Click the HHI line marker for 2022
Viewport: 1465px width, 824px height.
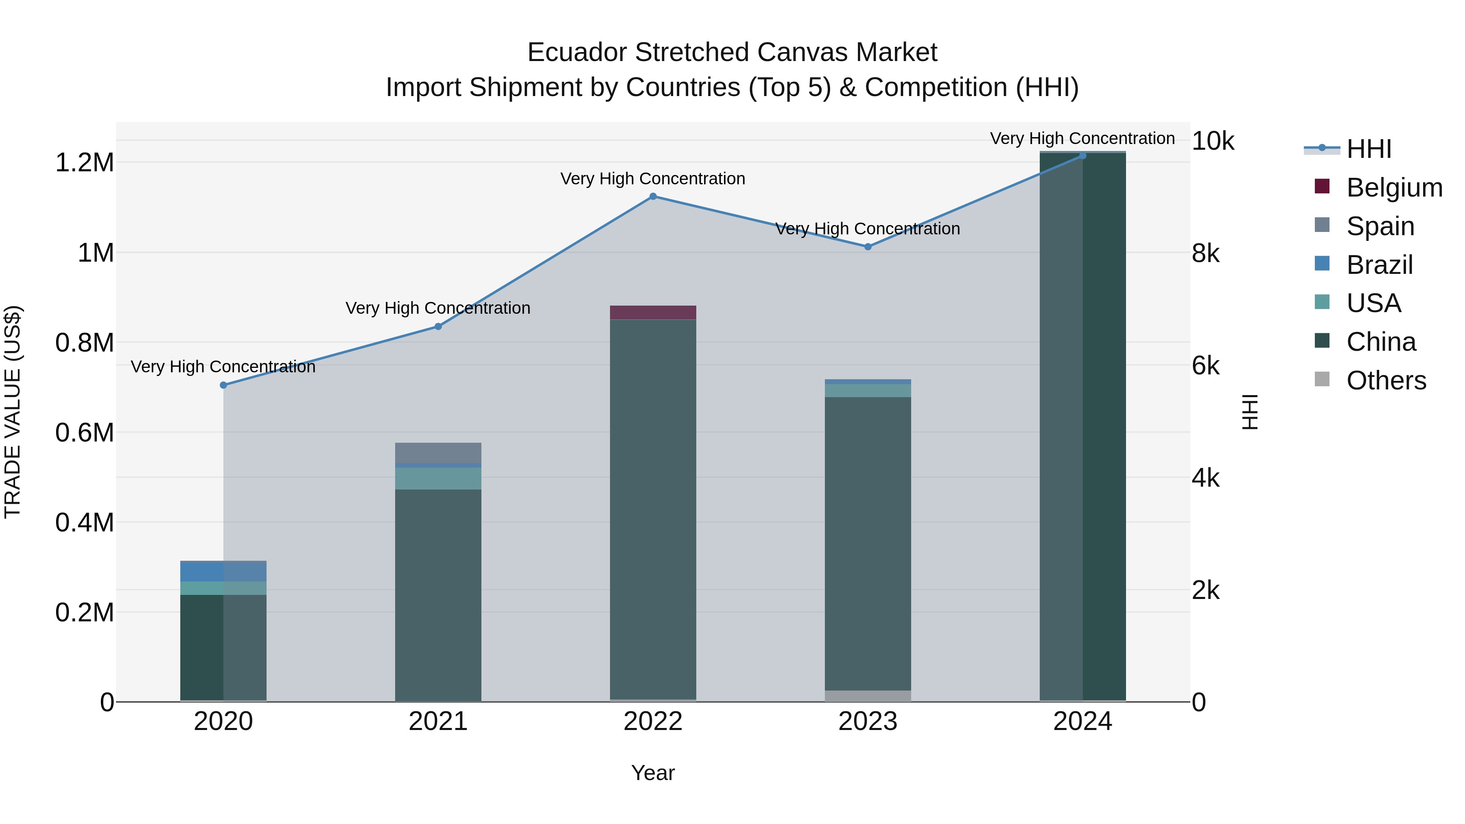pyautogui.click(x=653, y=196)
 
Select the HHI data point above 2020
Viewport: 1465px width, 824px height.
pyautogui.click(x=223, y=385)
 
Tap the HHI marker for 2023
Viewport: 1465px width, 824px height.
pyautogui.click(x=868, y=247)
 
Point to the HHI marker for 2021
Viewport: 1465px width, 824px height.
pyautogui.click(x=438, y=326)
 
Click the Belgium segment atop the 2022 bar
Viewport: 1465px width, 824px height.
pyautogui.click(x=653, y=312)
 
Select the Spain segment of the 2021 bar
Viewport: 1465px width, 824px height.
pyautogui.click(x=438, y=452)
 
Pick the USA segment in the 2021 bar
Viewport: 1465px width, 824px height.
pyautogui.click(x=438, y=478)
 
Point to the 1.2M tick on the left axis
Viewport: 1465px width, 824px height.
pyautogui.click(x=85, y=163)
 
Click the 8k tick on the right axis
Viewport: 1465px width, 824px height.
pyautogui.click(x=1206, y=254)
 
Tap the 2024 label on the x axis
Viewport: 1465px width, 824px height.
pyautogui.click(x=1082, y=721)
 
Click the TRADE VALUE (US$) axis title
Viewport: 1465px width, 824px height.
pyautogui.click(x=13, y=412)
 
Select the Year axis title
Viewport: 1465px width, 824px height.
pyautogui.click(x=653, y=773)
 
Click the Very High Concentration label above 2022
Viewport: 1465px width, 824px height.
pyautogui.click(x=653, y=179)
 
